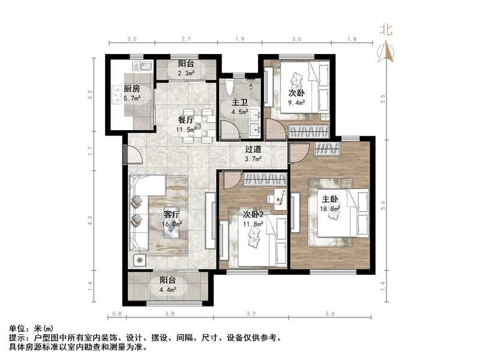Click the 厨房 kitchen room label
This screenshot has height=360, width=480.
(x=133, y=89)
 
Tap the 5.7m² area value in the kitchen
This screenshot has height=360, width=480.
(x=133, y=98)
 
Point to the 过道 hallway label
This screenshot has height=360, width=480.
(x=253, y=150)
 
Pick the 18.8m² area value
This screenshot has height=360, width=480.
(x=331, y=209)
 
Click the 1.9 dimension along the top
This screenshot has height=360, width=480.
(x=239, y=39)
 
